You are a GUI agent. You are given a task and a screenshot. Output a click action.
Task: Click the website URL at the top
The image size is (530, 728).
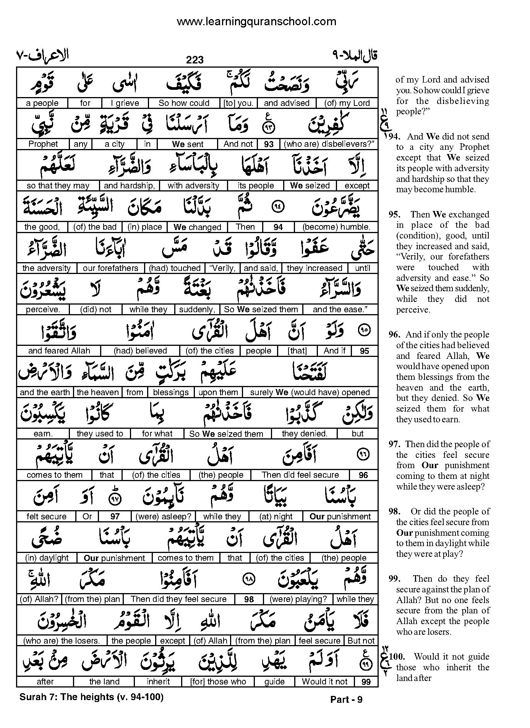tap(256, 21)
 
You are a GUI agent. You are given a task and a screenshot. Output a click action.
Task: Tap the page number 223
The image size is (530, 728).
tap(195, 60)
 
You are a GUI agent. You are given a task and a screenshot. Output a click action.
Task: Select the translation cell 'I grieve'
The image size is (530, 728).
tap(125, 103)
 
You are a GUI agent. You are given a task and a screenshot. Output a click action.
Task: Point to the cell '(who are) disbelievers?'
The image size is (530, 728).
tap(328, 144)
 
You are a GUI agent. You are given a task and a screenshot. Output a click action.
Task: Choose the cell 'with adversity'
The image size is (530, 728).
tap(193, 186)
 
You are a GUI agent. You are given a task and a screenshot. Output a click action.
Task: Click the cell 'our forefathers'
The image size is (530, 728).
tap(110, 268)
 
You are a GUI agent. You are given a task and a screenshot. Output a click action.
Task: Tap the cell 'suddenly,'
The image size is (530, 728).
tap(197, 310)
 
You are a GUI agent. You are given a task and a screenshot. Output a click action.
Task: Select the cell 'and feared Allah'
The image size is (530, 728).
tap(59, 351)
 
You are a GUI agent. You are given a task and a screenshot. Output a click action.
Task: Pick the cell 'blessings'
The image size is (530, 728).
tap(171, 392)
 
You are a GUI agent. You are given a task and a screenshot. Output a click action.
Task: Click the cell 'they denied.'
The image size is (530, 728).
tap(305, 434)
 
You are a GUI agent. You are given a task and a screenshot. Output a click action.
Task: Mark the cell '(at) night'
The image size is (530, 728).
tap(276, 517)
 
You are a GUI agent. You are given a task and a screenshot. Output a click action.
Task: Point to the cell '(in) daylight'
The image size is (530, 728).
tap(47, 558)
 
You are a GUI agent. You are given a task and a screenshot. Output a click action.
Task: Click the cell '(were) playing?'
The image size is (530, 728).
tap(298, 599)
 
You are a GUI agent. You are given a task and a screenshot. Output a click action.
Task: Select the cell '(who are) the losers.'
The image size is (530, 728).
tap(62, 641)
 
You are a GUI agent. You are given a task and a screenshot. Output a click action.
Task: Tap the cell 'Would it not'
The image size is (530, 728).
tap(325, 682)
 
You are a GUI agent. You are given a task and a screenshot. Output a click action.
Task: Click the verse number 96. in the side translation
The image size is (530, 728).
tap(395, 335)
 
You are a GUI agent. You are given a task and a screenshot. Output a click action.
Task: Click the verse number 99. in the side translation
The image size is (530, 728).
tap(394, 579)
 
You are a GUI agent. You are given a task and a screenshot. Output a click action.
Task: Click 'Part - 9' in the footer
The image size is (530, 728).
tap(346, 700)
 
